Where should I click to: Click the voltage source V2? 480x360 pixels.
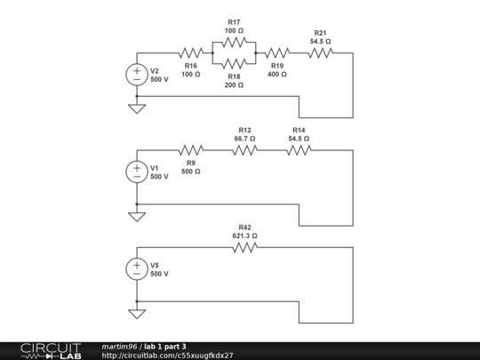pos(137,75)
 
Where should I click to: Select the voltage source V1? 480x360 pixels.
pos(137,171)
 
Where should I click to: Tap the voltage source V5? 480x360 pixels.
pos(137,268)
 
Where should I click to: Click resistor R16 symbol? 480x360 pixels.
pos(191,53)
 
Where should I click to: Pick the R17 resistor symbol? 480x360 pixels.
pos(234,42)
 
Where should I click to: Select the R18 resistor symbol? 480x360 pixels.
pos(234,64)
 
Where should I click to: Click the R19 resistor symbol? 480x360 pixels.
pos(277,53)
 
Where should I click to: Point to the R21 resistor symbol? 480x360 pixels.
pos(320,53)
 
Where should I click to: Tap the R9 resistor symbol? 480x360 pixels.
pos(191,150)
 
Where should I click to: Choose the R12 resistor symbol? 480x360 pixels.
pos(244,150)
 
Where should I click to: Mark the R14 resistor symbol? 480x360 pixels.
pos(299,150)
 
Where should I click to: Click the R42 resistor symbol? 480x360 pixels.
pos(244,247)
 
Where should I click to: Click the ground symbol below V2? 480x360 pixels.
pos(137,108)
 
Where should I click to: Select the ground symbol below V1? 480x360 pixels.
pos(137,215)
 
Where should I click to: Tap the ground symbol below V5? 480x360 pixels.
pos(137,312)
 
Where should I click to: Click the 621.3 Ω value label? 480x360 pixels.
pos(244,236)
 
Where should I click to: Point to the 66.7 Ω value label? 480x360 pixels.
pos(244,139)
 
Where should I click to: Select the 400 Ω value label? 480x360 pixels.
pos(277,75)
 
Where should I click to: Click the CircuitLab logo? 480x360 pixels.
pos(50,350)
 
